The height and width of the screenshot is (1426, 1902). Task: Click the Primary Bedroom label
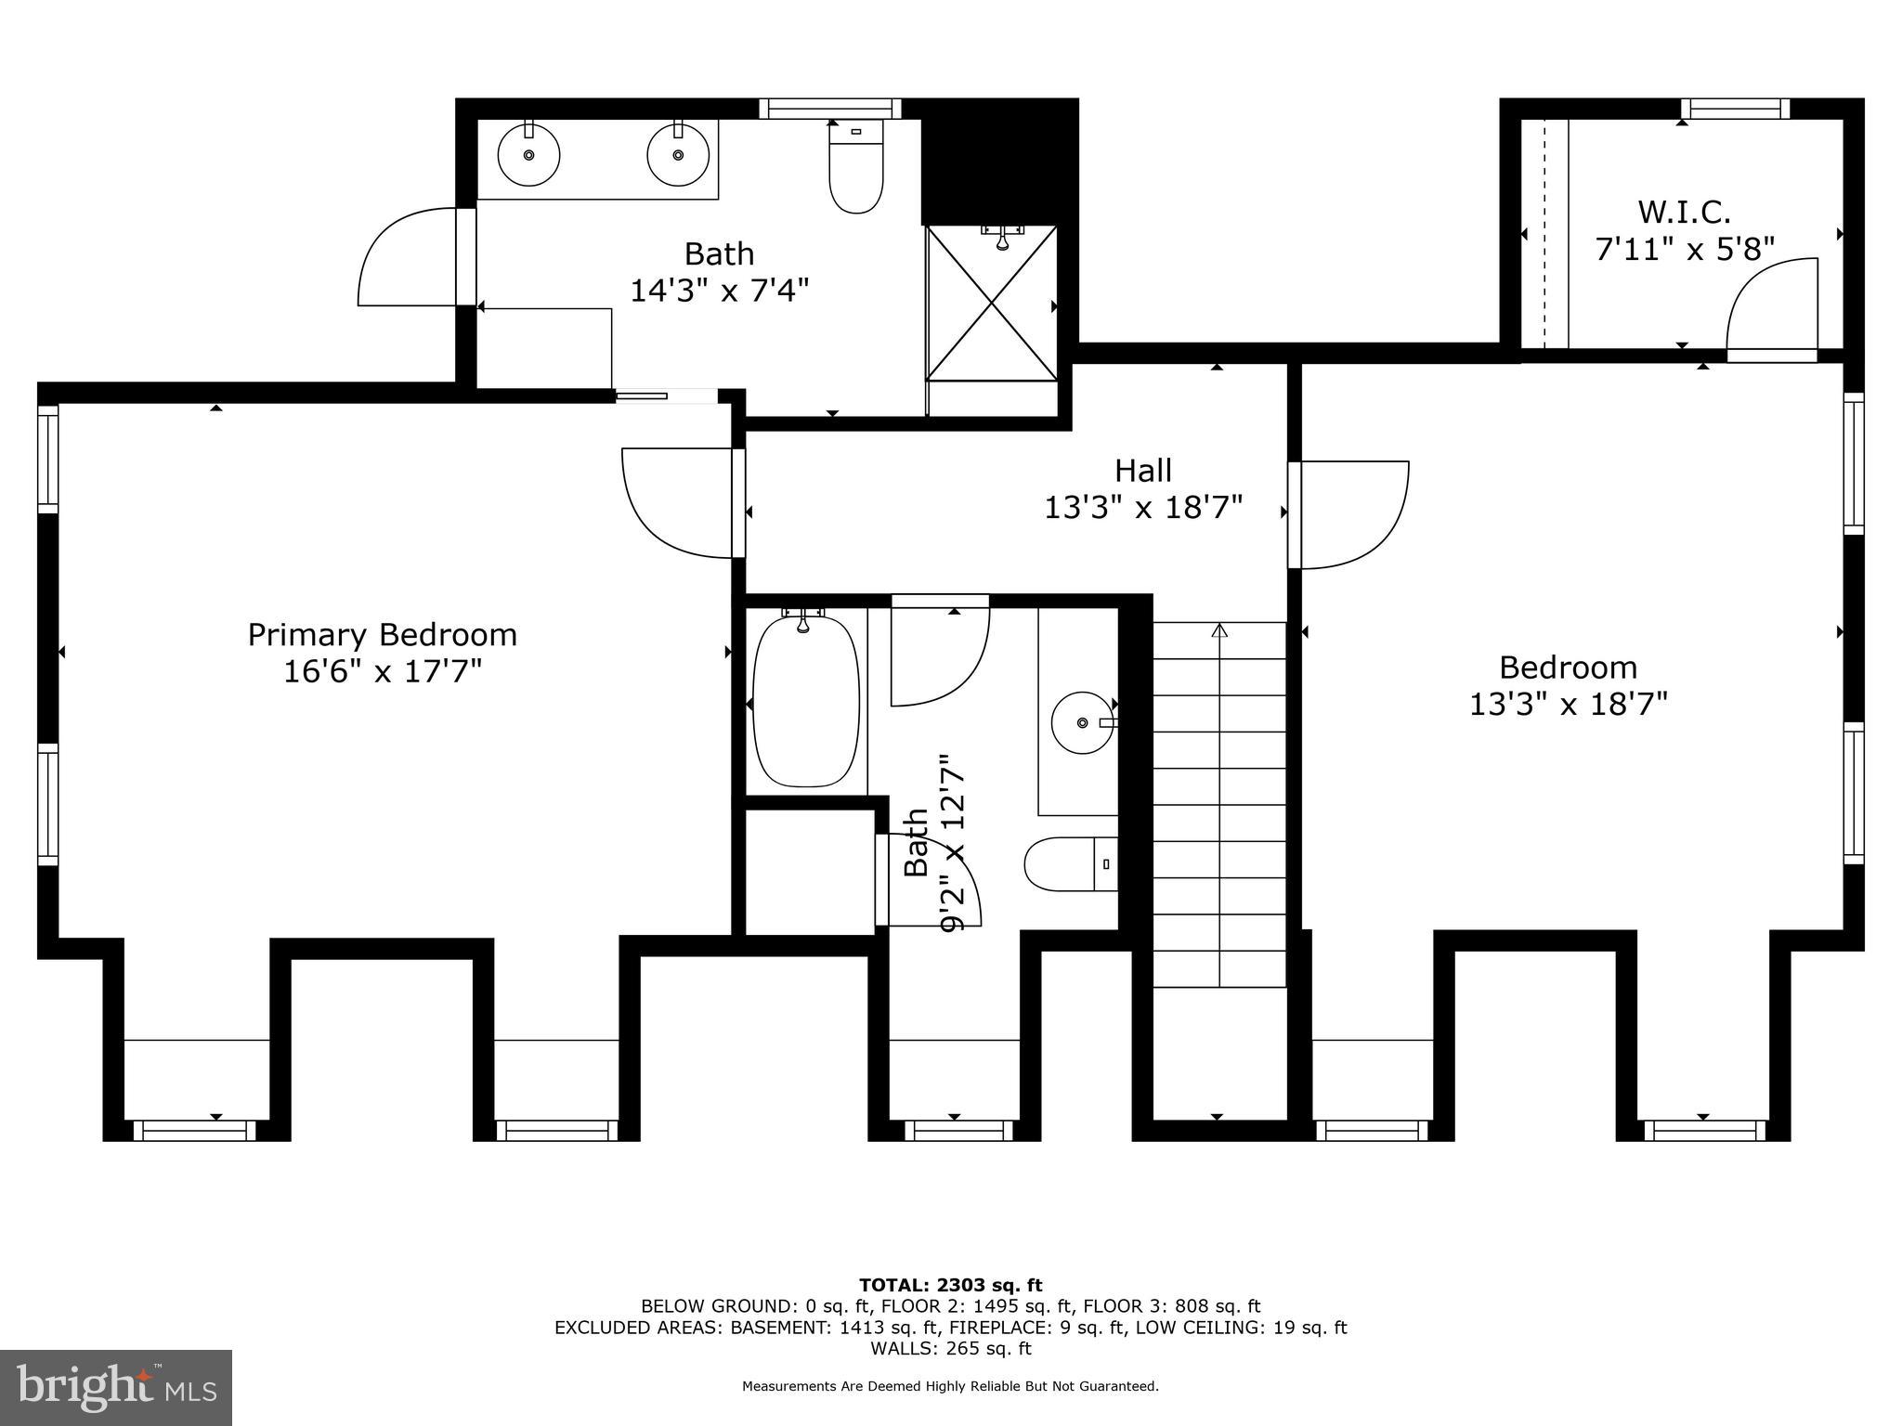tap(382, 635)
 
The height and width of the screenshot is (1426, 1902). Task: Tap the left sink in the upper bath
tap(528, 155)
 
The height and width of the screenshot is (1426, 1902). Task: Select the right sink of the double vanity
tap(678, 155)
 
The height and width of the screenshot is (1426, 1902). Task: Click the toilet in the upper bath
tap(855, 173)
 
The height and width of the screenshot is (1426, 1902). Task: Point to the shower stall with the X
tap(992, 303)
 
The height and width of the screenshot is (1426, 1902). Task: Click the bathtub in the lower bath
tap(805, 701)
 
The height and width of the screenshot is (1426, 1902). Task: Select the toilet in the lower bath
tap(1068, 863)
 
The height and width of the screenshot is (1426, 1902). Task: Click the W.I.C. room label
tap(1684, 212)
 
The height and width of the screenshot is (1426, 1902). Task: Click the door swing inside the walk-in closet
tap(1769, 306)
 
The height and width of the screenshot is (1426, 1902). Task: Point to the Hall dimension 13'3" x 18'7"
tap(1143, 507)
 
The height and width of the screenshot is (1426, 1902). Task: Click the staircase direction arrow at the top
tap(1219, 631)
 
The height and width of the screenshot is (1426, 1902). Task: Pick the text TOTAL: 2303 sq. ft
tap(950, 1285)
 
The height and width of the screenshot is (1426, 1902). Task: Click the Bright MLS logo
tap(116, 1387)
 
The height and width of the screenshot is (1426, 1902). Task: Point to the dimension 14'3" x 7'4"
tap(720, 291)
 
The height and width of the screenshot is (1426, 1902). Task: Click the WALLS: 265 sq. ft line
tap(950, 1348)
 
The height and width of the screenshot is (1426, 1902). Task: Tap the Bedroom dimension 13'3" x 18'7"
tap(1568, 704)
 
